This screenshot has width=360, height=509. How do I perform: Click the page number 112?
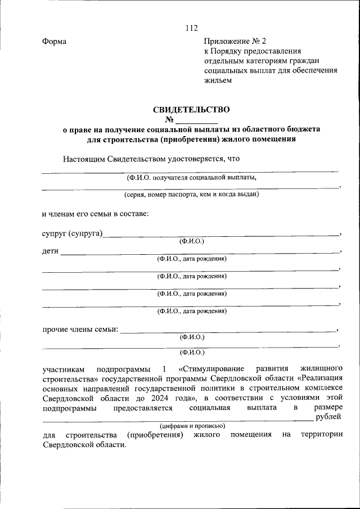click(x=191, y=28)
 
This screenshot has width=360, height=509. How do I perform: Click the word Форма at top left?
click(x=54, y=42)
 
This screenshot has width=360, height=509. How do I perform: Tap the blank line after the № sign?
click(x=196, y=120)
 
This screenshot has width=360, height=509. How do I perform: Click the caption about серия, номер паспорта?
click(x=191, y=195)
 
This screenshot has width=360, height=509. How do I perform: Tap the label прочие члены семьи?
click(x=80, y=329)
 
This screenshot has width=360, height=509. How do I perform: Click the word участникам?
click(x=64, y=369)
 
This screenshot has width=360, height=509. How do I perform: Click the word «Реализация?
click(x=319, y=379)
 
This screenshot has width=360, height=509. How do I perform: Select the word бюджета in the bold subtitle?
click(x=300, y=129)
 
